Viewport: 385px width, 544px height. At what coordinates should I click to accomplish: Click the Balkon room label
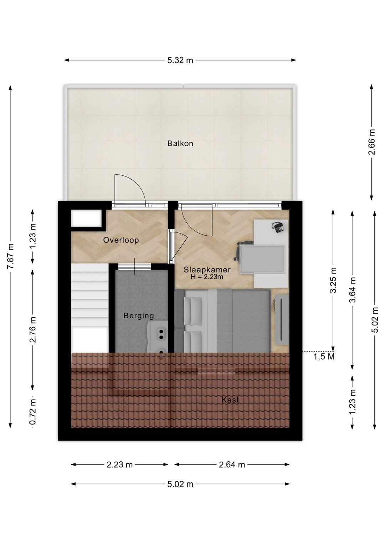coord(180,144)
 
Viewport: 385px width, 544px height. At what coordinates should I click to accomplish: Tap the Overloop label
coord(121,240)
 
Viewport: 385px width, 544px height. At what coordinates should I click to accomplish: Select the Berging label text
coord(139,316)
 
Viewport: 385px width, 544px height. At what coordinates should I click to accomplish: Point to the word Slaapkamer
coord(207,270)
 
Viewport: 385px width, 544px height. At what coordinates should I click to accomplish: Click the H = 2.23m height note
coord(207,277)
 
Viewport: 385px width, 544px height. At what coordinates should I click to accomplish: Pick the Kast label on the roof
coord(230,400)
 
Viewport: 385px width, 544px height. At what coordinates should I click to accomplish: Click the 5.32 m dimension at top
coord(180,60)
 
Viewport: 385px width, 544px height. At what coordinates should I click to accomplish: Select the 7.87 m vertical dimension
coord(10,256)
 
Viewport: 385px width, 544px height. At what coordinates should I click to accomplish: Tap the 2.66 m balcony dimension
coord(372,142)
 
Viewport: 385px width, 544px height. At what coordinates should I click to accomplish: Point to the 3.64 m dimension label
coord(352,290)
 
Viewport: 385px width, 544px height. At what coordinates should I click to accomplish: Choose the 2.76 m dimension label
coord(33,329)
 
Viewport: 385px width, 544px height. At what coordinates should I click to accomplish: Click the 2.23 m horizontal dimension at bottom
coord(119,465)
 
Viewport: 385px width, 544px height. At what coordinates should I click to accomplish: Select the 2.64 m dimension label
coord(232,465)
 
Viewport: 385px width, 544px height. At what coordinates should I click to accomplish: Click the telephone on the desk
coord(278,227)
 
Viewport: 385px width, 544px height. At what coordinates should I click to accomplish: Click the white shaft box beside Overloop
coord(86,219)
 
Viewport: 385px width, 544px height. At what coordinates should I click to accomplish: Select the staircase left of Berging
coord(89,308)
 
